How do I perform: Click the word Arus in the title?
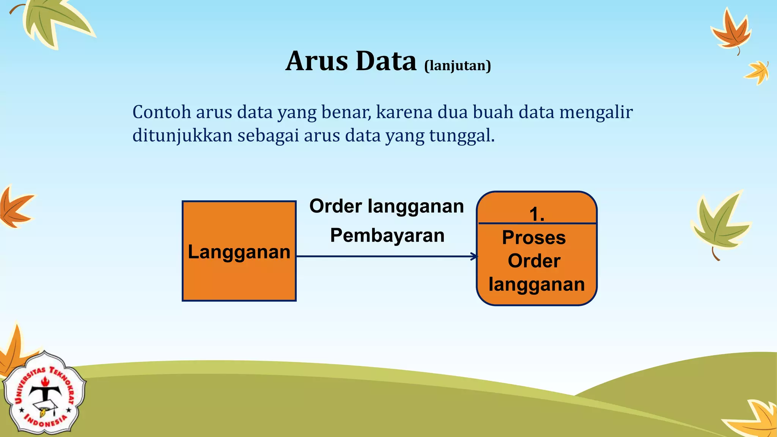point(316,61)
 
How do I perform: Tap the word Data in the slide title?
point(386,61)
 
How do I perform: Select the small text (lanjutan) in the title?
point(458,66)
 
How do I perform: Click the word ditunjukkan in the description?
point(182,135)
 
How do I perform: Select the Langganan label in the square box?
point(239,252)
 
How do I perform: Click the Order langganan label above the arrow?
point(387,206)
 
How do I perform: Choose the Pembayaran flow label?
point(387,235)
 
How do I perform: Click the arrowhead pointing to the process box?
point(474,256)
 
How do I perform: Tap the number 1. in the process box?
point(536,214)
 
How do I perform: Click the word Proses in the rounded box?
point(534,238)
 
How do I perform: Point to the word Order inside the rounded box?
point(534,261)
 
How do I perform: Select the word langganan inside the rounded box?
point(536,285)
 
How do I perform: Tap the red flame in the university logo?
point(45,380)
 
